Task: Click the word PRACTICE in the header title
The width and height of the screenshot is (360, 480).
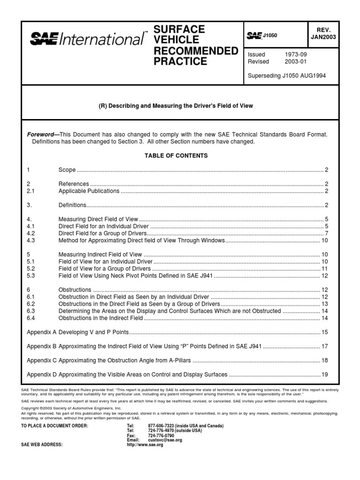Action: coord(180,61)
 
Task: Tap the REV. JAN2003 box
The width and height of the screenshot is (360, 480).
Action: coord(326,33)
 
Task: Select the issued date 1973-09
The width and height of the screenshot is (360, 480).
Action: coord(296,54)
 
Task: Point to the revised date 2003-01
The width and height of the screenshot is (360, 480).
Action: coord(296,61)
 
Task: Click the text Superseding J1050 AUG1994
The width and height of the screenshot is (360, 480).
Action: coord(286,75)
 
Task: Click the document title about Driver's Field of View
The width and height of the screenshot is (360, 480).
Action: coord(176,106)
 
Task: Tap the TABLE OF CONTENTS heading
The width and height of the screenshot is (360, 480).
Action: coord(176,156)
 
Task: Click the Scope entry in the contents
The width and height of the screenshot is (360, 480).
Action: coord(67,170)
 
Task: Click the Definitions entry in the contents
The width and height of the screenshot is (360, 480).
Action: coord(73,205)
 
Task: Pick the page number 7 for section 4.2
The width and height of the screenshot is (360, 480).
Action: coord(326,233)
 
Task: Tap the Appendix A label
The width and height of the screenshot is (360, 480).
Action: coord(42,332)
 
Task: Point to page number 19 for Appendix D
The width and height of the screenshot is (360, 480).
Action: coord(324,375)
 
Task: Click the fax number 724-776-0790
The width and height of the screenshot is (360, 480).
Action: coord(161,435)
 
